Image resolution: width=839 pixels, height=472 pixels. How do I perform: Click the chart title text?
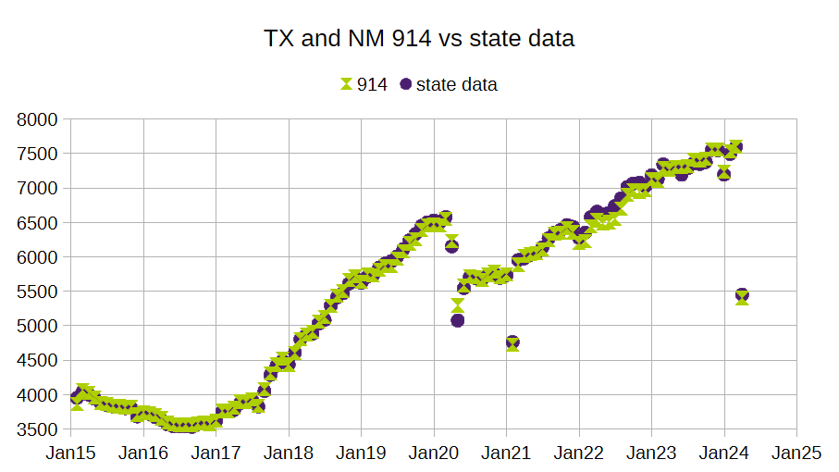coord(419,38)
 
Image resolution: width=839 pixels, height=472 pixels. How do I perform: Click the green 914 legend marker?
coord(346,84)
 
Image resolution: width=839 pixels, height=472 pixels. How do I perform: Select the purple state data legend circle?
coord(405,84)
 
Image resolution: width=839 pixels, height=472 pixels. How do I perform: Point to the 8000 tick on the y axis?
coord(40,119)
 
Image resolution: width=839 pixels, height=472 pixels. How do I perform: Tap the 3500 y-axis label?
coord(40,429)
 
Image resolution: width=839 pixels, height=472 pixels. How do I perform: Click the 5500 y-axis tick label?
coord(40,292)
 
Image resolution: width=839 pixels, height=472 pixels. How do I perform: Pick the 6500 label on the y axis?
coord(40,223)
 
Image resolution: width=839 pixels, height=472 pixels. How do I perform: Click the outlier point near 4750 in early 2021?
coord(512,342)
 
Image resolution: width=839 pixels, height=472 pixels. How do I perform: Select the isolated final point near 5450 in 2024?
coord(742,295)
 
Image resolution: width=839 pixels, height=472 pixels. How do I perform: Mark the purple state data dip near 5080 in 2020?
coord(457,320)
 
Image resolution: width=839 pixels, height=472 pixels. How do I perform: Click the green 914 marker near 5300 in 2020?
coord(457,304)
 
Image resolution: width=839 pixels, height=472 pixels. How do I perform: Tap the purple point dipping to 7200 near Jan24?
coord(723,174)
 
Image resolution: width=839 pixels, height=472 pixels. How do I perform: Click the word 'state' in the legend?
coord(437,84)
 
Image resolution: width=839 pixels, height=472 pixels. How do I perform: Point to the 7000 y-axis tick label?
coord(40,188)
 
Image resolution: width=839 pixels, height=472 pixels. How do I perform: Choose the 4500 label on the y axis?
coord(40,360)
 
